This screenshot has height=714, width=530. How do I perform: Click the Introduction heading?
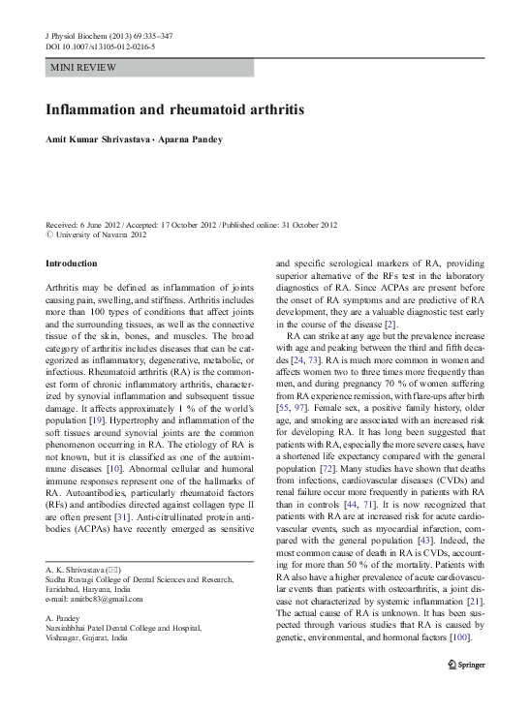[x=72, y=264]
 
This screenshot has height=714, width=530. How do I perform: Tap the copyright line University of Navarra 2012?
[x=97, y=234]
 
